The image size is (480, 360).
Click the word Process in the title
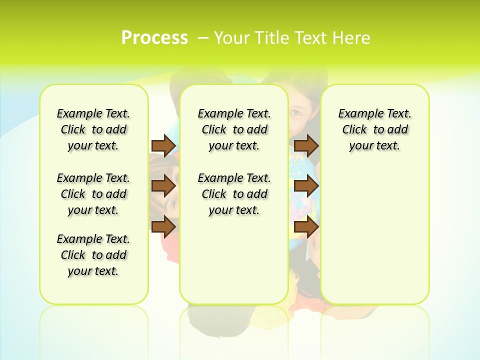(x=154, y=38)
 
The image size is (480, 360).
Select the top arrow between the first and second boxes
(x=163, y=145)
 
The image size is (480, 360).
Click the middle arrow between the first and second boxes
(x=163, y=186)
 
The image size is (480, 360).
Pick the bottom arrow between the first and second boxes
(x=163, y=226)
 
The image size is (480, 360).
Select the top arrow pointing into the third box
(x=306, y=145)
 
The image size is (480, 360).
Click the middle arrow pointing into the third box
(x=306, y=186)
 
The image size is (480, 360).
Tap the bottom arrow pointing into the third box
(x=306, y=226)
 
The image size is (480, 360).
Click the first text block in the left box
(x=93, y=129)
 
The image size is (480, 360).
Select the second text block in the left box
(x=93, y=194)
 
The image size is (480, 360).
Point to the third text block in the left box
(x=93, y=255)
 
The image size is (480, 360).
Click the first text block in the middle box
(x=234, y=129)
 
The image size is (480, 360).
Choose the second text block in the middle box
(x=234, y=194)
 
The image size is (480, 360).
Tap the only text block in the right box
(x=374, y=129)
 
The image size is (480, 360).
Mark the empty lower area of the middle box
(x=234, y=260)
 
